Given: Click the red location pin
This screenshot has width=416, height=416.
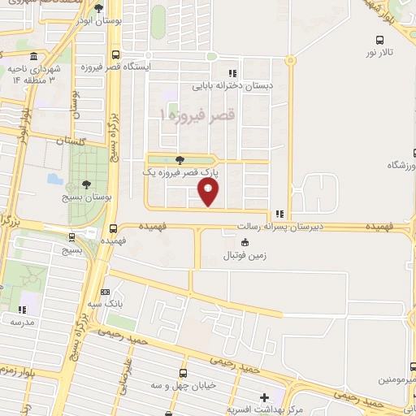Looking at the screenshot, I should [x=210, y=193].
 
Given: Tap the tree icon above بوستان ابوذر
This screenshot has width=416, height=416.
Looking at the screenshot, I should [x=98, y=9].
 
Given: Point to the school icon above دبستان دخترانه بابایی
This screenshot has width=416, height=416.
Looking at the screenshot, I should [x=233, y=71].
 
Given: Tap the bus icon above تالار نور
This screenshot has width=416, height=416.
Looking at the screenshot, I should [x=379, y=39].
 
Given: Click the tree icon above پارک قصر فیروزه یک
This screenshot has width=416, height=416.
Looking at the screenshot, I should [x=180, y=160].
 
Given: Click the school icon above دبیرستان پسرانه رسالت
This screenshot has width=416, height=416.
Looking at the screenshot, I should [x=280, y=214].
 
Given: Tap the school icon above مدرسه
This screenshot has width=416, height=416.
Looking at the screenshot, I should [x=23, y=310].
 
